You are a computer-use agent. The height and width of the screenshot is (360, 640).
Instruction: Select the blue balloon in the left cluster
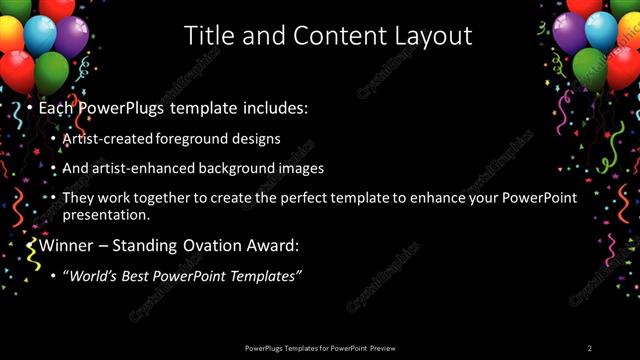[40, 35]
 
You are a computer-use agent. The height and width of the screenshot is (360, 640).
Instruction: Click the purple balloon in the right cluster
[569, 33]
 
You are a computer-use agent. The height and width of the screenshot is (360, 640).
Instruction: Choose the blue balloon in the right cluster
[601, 31]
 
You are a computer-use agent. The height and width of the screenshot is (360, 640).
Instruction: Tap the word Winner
[69, 245]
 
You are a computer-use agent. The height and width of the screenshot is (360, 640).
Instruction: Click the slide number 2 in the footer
[590, 347]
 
